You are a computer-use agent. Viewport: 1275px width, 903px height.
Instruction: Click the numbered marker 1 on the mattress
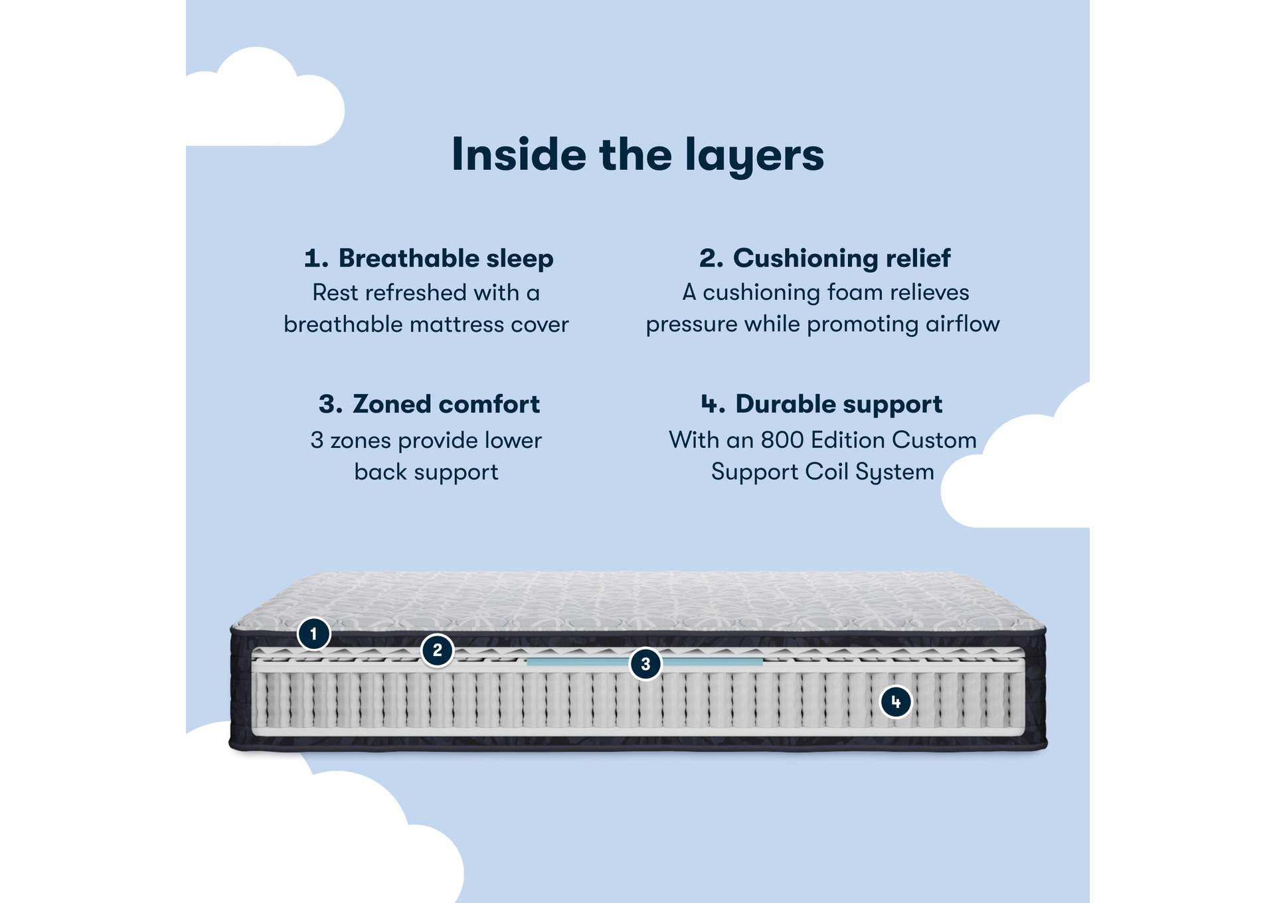click(313, 634)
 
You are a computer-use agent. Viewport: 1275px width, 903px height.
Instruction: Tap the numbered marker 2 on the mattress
click(437, 650)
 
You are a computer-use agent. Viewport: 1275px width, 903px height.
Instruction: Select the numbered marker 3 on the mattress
click(645, 663)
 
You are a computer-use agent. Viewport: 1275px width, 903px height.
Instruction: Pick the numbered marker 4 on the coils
click(895, 701)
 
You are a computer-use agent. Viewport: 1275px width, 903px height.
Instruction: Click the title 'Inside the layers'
click(637, 155)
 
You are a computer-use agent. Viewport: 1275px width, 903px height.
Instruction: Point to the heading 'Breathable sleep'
click(446, 258)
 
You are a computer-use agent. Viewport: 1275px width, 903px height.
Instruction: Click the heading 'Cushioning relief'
click(841, 258)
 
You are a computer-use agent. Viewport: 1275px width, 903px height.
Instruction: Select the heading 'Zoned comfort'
click(446, 404)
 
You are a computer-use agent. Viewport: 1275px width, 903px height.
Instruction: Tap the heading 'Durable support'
click(838, 404)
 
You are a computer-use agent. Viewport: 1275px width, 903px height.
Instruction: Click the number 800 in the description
click(782, 440)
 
